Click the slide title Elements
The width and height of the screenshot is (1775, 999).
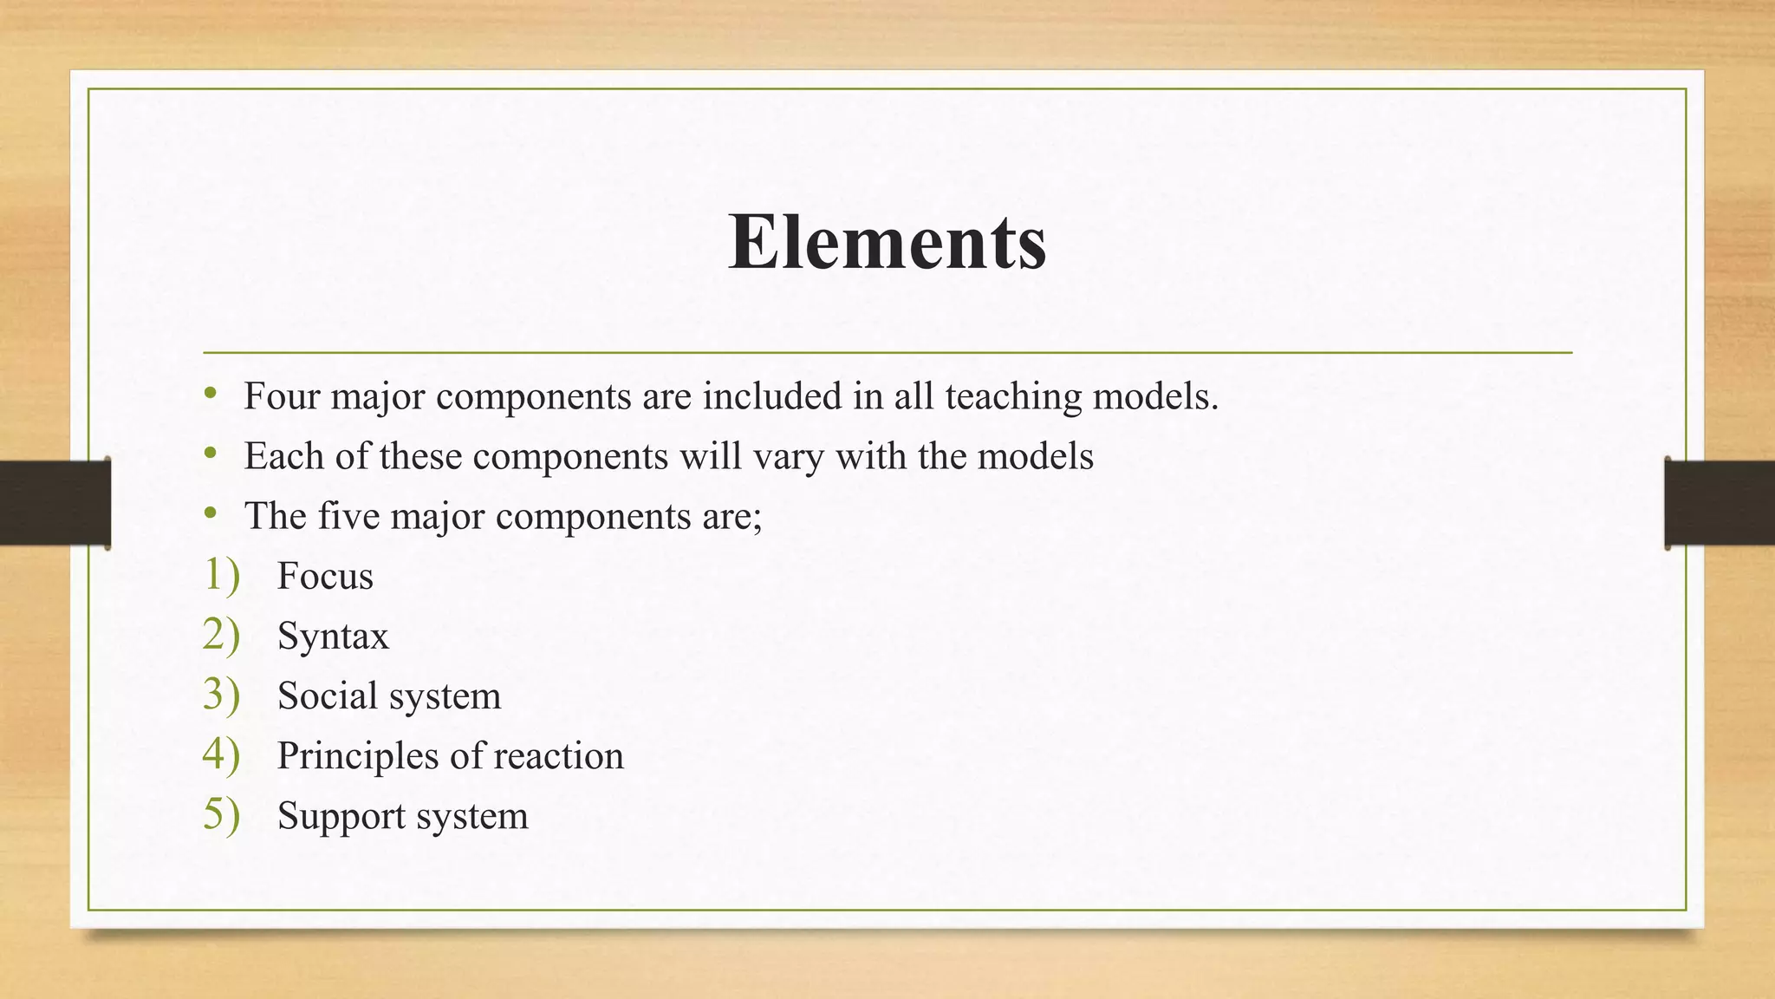pos(887,242)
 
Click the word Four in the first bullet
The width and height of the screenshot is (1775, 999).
pos(279,396)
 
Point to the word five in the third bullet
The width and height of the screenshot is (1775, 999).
pos(349,516)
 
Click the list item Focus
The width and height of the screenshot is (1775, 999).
pos(325,576)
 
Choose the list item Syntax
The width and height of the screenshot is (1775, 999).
pos(333,637)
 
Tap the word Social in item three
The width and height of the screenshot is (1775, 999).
pos(328,695)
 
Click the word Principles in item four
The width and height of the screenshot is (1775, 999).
pos(358,756)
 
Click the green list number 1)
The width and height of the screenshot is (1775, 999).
pos(221,575)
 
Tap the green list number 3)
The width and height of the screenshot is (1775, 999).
pos(221,695)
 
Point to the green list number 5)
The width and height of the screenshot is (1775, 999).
pos(221,814)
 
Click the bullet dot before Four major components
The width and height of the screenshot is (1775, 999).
pos(210,395)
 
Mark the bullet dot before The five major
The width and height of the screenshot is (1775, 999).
pos(210,515)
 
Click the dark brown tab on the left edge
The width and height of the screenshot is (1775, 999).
pos(55,503)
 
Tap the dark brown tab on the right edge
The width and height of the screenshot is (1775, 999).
pos(1720,503)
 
